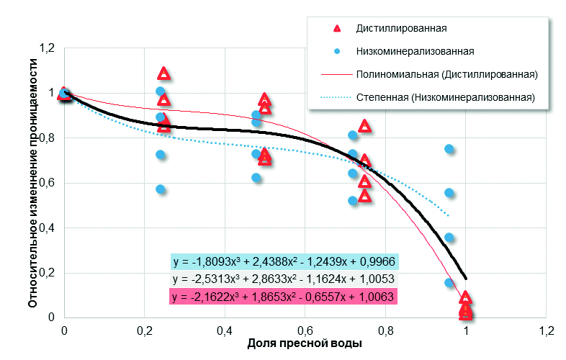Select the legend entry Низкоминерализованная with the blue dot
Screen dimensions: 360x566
[414, 51]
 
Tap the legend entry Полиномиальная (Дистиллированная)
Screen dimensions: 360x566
[447, 74]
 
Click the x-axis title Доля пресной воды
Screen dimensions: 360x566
[305, 343]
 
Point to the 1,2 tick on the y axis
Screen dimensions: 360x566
[48, 48]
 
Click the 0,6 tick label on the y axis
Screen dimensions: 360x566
[48, 183]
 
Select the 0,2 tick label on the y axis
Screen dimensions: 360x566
[48, 273]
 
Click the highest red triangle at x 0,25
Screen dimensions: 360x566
[164, 73]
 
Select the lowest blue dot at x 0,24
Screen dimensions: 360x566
[161, 189]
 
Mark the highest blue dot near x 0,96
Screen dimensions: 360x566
[449, 149]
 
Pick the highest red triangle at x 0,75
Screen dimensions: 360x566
[365, 126]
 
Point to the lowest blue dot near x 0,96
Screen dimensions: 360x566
[449, 283]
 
